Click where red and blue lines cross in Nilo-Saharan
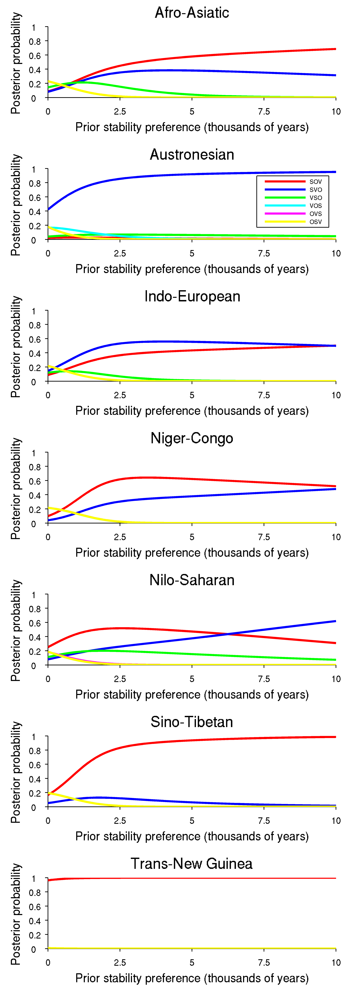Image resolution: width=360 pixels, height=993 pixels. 228,634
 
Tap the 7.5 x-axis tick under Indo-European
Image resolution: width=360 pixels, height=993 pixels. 264,395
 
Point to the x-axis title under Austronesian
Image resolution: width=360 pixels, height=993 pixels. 192,269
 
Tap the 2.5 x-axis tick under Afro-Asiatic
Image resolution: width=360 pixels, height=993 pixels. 120,111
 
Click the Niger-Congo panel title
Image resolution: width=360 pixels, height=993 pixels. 192,438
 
